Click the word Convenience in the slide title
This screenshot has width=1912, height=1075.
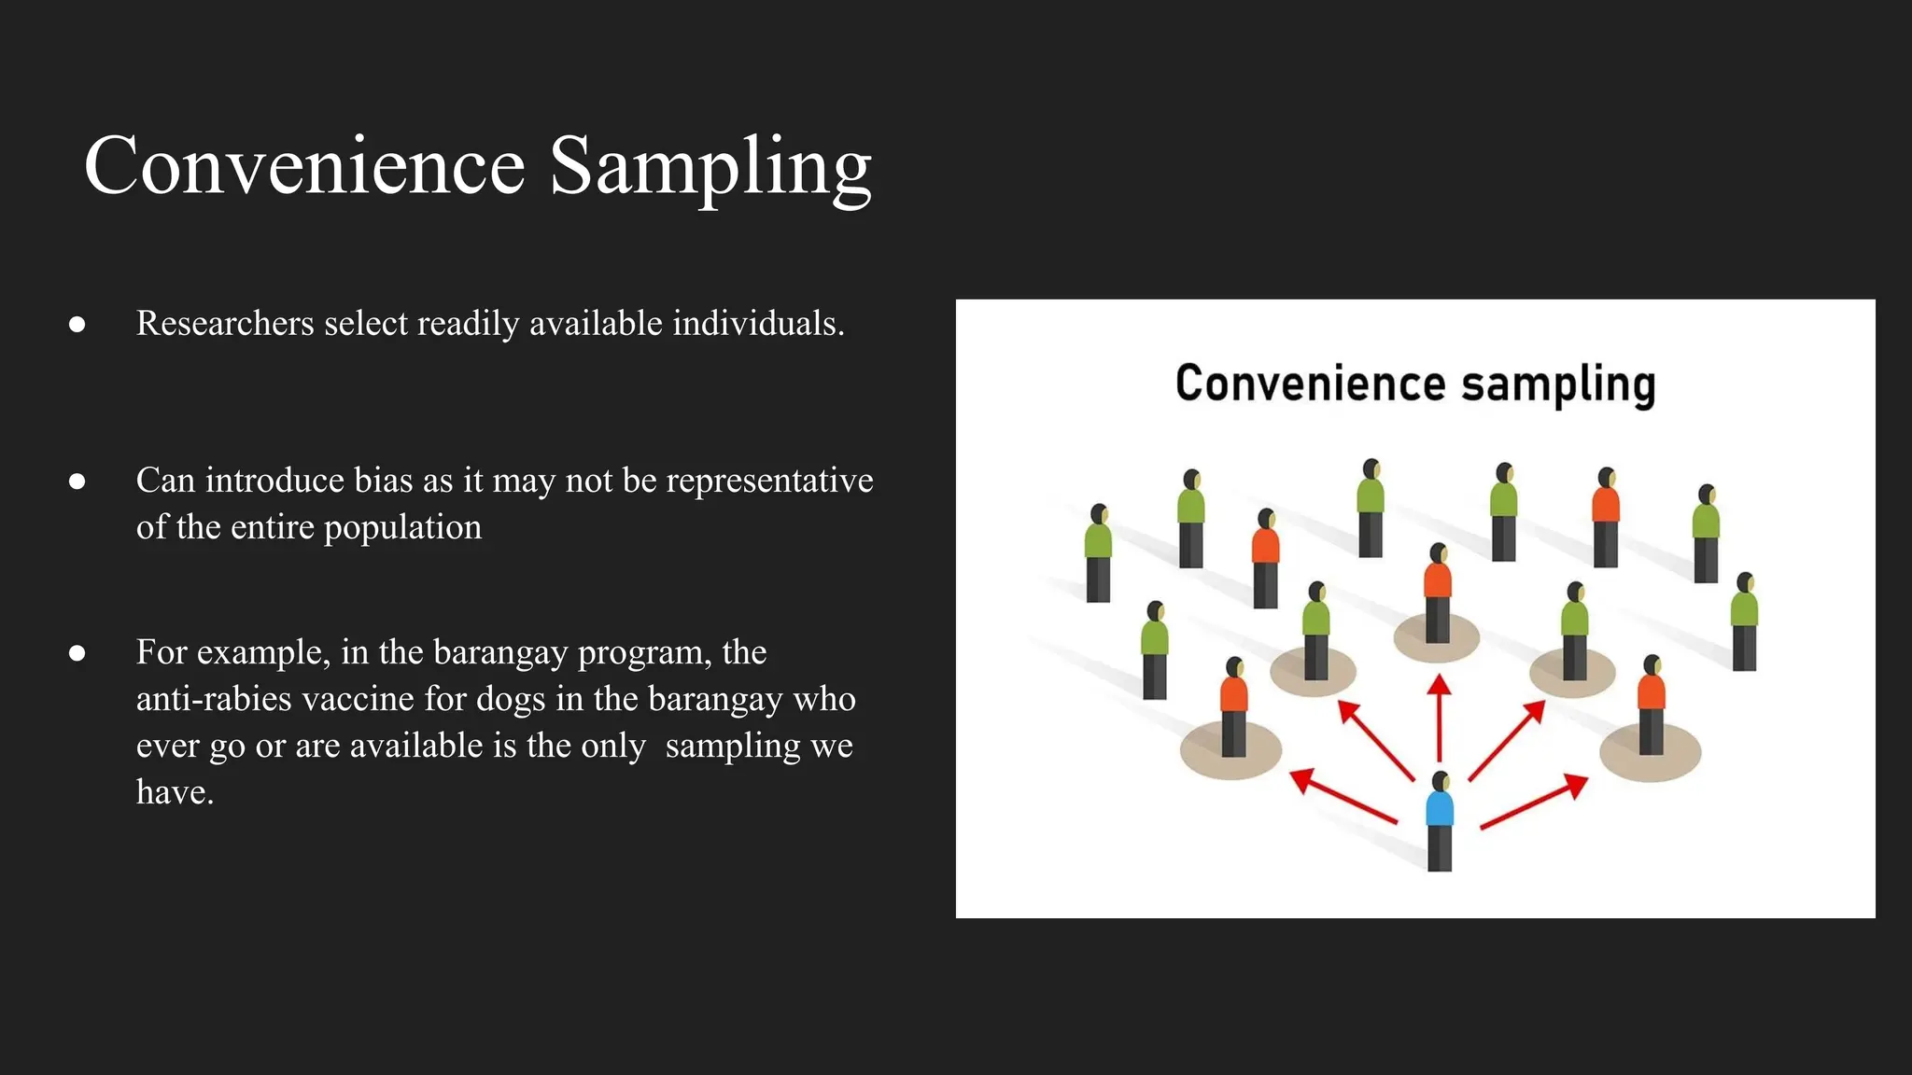(304, 166)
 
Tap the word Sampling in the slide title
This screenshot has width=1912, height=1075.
(710, 168)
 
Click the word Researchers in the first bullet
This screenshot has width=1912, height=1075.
(225, 324)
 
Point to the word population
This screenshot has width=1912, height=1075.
(402, 528)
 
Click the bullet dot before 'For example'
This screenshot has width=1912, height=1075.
(77, 653)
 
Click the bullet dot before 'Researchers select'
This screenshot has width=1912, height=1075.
(77, 325)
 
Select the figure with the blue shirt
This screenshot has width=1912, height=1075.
(1440, 820)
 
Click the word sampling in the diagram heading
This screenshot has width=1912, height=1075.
(1558, 384)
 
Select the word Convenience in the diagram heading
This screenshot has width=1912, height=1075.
(1311, 384)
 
